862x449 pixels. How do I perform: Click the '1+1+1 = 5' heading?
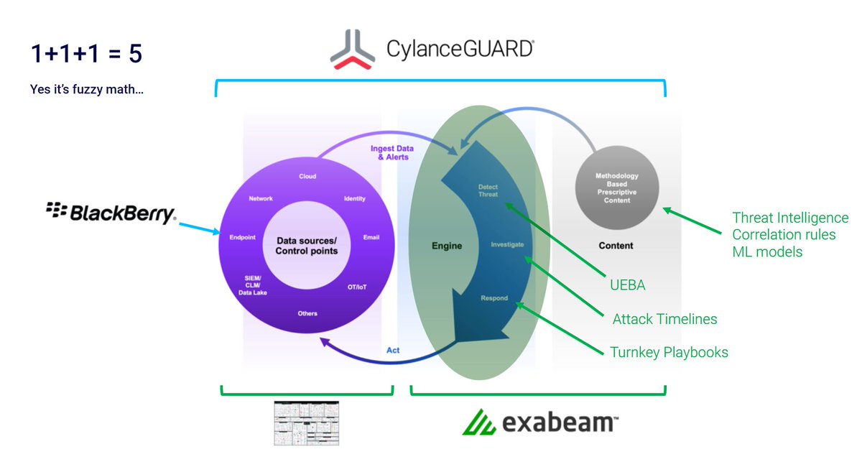(91, 54)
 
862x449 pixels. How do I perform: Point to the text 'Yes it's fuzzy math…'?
(86, 91)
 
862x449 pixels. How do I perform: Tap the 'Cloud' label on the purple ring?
(307, 176)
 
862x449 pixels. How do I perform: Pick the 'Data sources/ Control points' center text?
(307, 245)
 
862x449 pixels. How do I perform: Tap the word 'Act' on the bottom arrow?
(393, 350)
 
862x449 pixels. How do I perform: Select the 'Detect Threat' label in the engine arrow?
(488, 190)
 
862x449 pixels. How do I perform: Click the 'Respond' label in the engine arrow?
(494, 297)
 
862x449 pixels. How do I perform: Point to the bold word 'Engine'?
(446, 246)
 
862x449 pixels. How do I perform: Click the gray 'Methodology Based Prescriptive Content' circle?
(617, 188)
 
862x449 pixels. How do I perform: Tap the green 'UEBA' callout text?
(626, 286)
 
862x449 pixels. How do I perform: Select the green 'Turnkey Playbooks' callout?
(669, 352)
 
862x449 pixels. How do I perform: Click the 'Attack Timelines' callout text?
(664, 319)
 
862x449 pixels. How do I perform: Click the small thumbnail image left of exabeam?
(307, 422)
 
